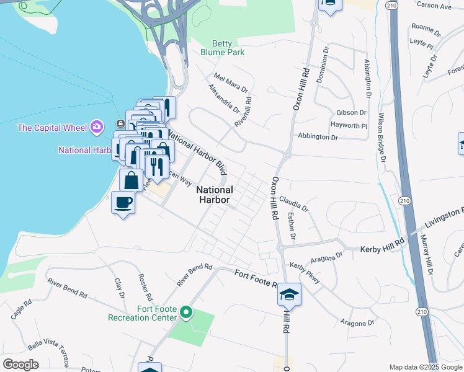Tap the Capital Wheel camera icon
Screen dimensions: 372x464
(x=96, y=128)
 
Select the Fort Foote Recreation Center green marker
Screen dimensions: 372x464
(x=185, y=314)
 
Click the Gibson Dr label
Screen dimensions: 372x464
(x=351, y=112)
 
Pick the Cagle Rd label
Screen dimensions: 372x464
(x=21, y=310)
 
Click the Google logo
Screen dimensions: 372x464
(x=21, y=365)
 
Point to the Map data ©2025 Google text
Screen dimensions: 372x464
(x=425, y=367)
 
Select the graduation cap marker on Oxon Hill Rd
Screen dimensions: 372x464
(x=288, y=293)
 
